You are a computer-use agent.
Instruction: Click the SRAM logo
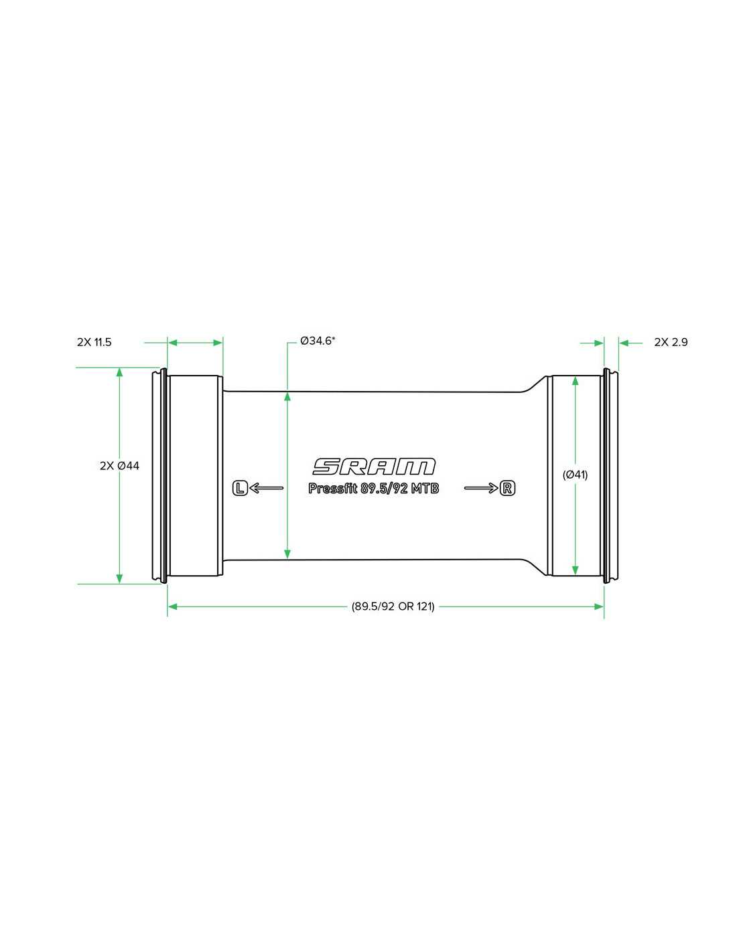(x=374, y=467)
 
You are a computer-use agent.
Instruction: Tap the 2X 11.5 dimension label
(x=94, y=343)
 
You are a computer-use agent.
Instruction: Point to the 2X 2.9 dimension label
(x=671, y=343)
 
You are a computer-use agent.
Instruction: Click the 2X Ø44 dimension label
(x=119, y=466)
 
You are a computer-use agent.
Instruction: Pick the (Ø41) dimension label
(x=575, y=475)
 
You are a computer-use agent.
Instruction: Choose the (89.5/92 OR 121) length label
(x=393, y=607)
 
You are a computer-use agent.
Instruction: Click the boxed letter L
(x=240, y=487)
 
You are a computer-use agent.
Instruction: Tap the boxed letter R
(x=507, y=487)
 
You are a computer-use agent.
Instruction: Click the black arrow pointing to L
(x=266, y=487)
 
